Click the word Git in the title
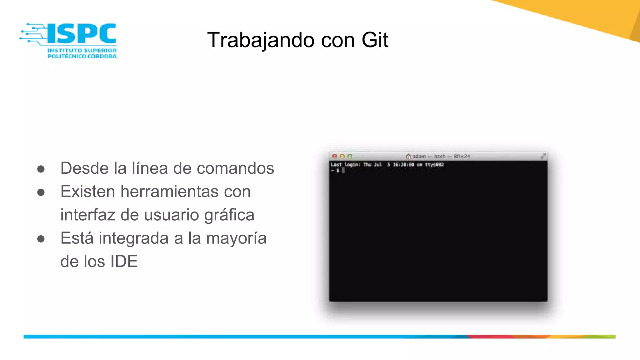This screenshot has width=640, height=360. coord(375,40)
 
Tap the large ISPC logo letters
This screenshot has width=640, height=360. coord(82,33)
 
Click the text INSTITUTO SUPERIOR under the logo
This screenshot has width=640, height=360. coord(82,50)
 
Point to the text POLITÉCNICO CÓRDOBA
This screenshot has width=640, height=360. coord(82,56)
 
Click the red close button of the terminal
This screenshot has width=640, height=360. coord(334,156)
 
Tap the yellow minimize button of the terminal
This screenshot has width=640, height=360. coord(342,156)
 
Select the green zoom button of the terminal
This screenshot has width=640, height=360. coord(350,156)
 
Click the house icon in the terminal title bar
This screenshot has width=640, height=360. coord(408,156)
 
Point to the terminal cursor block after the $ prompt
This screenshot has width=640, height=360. coord(343,170)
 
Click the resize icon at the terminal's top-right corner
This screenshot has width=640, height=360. coord(543,156)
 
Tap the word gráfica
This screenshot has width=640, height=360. coord(229,215)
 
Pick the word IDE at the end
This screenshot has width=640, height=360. coord(124,262)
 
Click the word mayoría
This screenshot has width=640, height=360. coord(236,238)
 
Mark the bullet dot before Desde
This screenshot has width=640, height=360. coord(41,169)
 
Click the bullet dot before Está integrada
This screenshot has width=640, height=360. coord(41,239)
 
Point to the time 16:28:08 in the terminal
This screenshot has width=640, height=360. coord(403,165)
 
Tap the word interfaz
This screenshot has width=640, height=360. coord(88,215)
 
